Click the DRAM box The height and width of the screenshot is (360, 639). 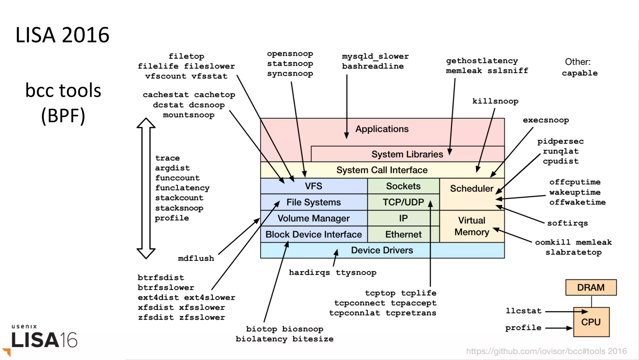coord(591,287)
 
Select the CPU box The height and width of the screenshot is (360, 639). coord(591,322)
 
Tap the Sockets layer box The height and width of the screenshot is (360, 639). coord(403,186)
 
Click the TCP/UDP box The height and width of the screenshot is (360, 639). coord(403,202)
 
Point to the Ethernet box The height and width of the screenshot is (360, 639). coord(403,234)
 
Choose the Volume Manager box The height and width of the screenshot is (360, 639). coord(313,218)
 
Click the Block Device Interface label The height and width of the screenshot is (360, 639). coord(313,234)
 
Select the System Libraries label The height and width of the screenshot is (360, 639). coord(407,154)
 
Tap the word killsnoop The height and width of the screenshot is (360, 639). coord(495,101)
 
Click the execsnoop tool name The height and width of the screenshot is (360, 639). coord(546,120)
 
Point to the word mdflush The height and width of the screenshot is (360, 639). coord(196,258)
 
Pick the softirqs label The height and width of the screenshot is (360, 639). coord(567,223)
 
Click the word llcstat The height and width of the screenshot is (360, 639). coord(523,311)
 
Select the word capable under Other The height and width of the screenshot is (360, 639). coord(579,73)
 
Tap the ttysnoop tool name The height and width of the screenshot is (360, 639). coord(356,273)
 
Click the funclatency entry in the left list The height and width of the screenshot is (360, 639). coord(182,188)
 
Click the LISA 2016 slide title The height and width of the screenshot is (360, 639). coord(62,35)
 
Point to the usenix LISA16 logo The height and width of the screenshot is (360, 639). coord(44,337)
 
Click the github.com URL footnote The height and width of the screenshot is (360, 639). coord(546,351)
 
